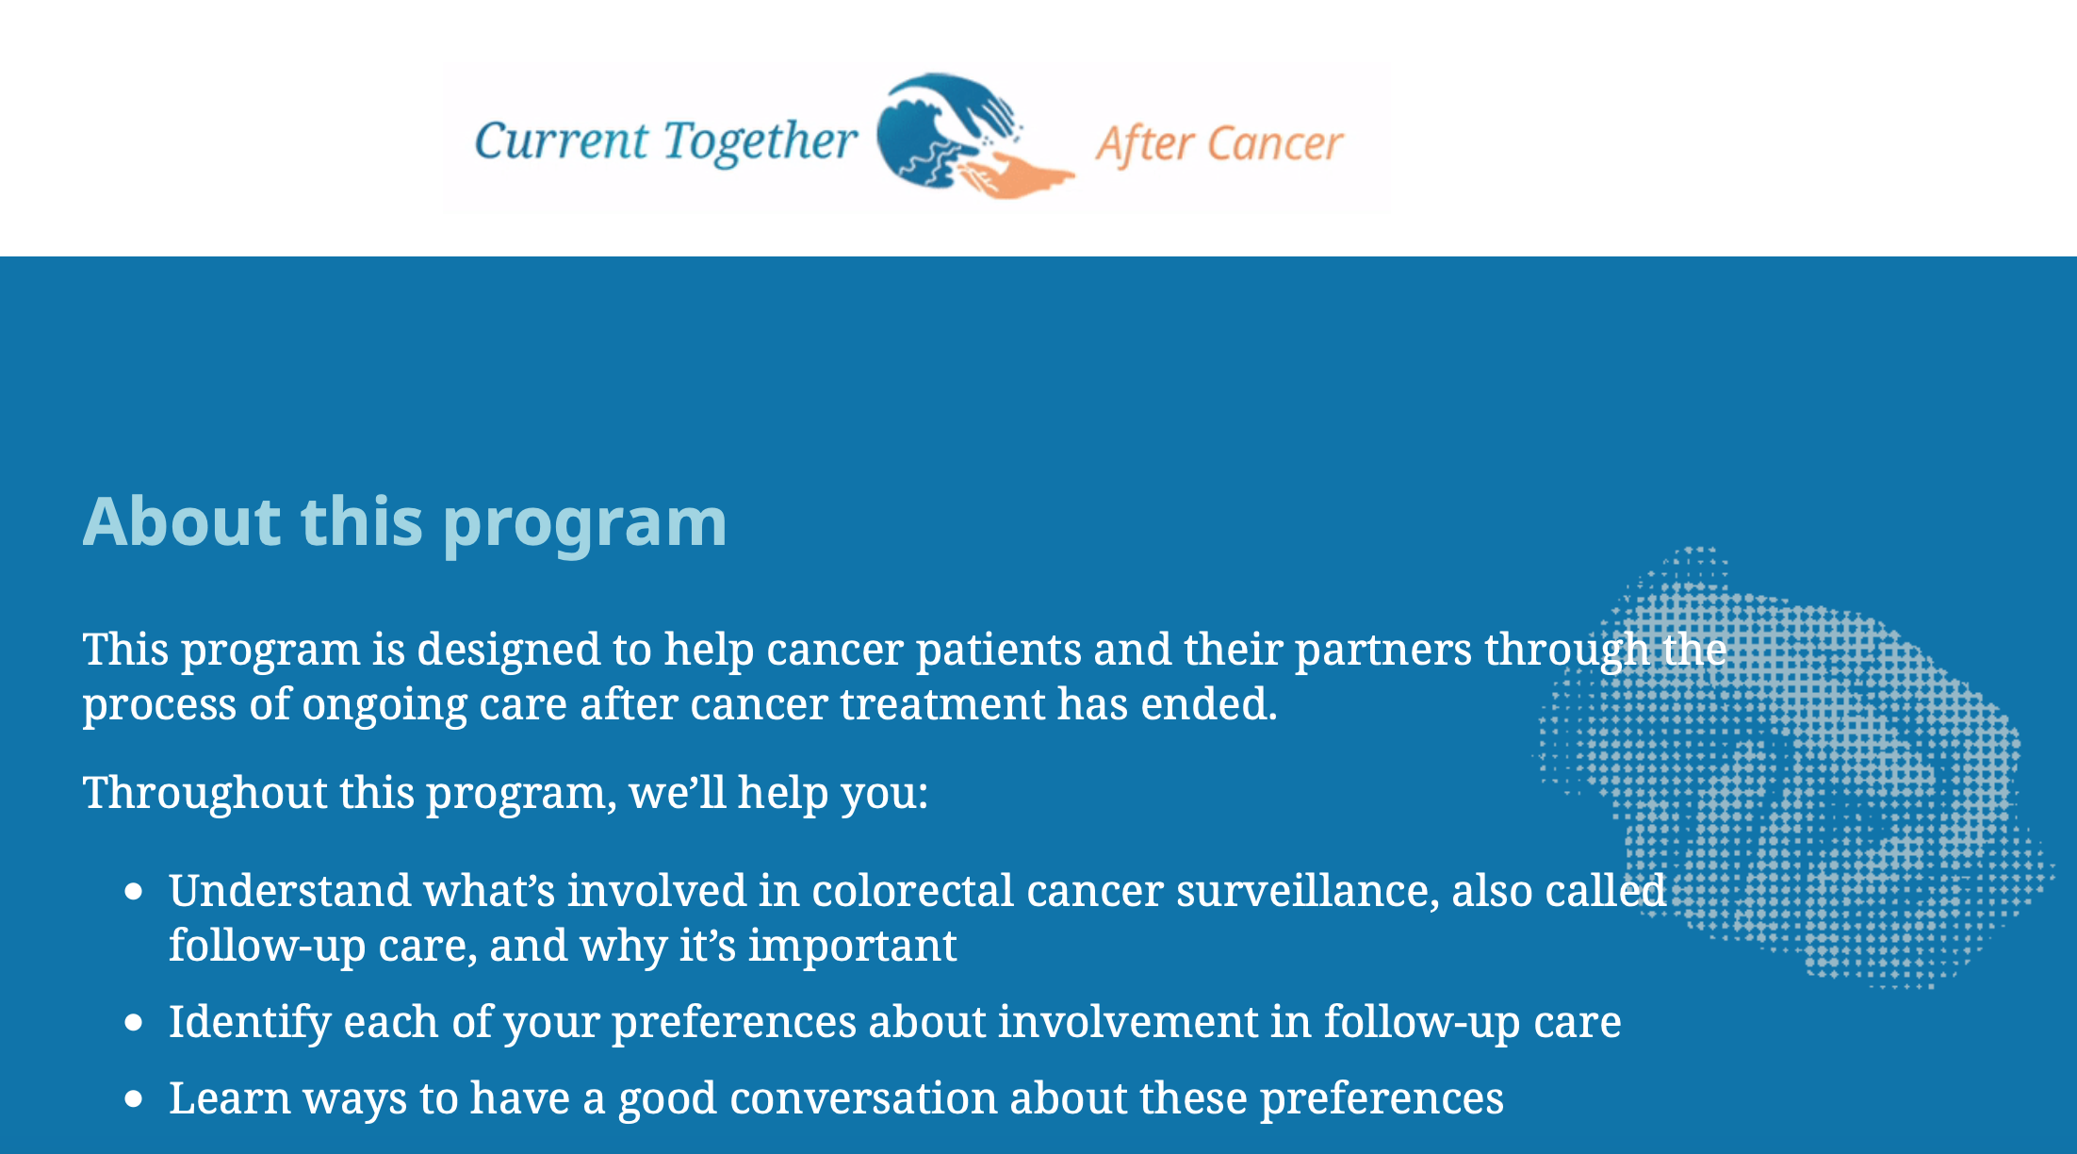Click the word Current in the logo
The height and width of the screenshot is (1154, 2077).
pos(561,141)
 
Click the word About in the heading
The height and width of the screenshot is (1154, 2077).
pos(182,521)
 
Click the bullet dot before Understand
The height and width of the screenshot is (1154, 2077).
pos(134,892)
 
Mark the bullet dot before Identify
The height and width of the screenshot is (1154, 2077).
pos(134,1023)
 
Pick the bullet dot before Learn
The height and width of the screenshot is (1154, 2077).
pos(134,1099)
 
